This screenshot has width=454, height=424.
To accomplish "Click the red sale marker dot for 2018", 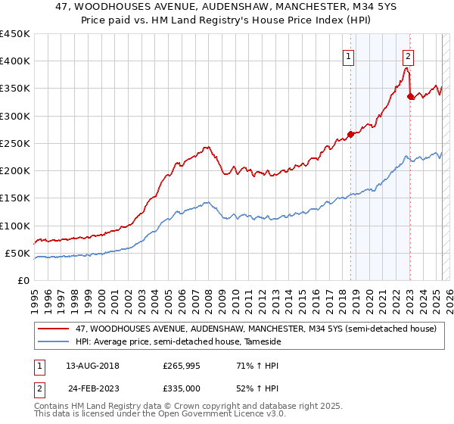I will click(x=350, y=135).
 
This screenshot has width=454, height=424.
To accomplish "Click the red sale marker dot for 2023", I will click(x=410, y=97).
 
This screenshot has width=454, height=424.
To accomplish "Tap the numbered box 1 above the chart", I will click(x=348, y=55).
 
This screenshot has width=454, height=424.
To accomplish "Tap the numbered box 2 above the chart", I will click(x=408, y=55).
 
